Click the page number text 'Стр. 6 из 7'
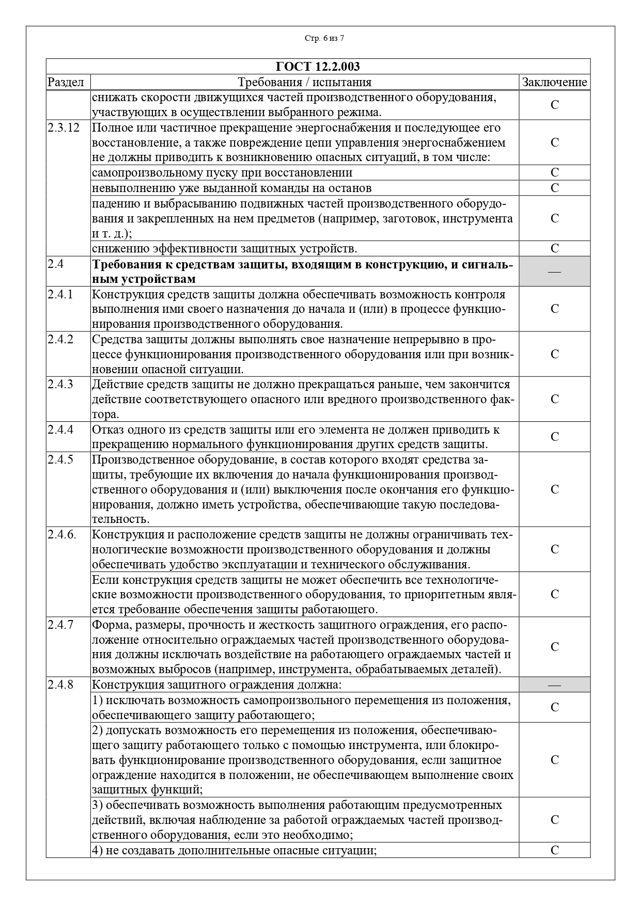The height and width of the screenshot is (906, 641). tap(324, 38)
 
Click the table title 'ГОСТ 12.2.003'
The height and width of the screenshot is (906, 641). tap(318, 67)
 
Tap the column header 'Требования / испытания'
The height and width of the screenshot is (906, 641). tap(304, 82)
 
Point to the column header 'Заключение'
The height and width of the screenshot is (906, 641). tap(554, 82)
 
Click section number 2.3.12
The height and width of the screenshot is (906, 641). tap(64, 128)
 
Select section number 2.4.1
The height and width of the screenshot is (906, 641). tap(60, 294)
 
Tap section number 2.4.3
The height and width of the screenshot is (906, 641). tap(60, 384)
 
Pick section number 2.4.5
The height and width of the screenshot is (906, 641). tap(60, 459)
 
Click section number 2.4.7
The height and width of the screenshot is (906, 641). tap(60, 625)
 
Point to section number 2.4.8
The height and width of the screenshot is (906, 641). tap(60, 685)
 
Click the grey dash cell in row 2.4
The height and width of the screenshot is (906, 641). tap(554, 271)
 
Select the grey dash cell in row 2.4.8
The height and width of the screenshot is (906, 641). tap(554, 685)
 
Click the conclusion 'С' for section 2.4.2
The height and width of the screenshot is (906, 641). tap(555, 354)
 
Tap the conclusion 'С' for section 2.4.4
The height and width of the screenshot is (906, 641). tap(555, 437)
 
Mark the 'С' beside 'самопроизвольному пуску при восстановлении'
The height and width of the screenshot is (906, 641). tap(555, 172)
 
